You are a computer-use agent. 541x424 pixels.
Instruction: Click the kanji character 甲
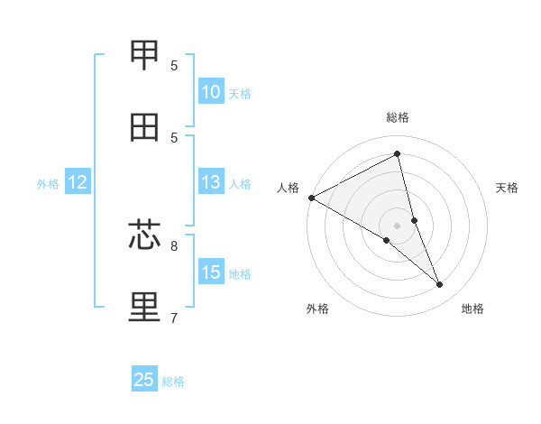coord(144,55)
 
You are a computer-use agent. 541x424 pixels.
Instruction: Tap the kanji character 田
coord(144,127)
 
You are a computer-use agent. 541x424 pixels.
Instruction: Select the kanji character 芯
coord(144,235)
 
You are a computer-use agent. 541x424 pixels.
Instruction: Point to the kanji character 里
coord(144,308)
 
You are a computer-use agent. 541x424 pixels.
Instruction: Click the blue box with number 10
coord(211,92)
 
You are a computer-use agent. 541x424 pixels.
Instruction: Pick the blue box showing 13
coord(211,182)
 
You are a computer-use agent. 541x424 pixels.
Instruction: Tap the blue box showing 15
coord(211,272)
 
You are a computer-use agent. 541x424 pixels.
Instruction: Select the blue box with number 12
coord(78,182)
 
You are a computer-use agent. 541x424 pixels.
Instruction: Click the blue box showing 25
coord(144,380)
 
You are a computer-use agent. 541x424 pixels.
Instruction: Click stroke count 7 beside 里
coord(174,318)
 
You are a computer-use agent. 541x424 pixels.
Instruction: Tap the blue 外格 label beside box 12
coord(48,183)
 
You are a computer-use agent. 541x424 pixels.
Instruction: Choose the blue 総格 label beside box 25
coord(173,381)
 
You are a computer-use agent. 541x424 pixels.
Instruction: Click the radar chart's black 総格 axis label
coord(398,117)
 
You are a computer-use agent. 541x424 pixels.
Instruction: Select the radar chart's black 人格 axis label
coord(288,188)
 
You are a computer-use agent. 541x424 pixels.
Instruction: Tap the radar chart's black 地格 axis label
coord(472,309)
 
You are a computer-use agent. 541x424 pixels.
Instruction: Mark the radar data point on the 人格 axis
coord(311,198)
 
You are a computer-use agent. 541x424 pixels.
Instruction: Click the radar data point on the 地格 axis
coord(440,285)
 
